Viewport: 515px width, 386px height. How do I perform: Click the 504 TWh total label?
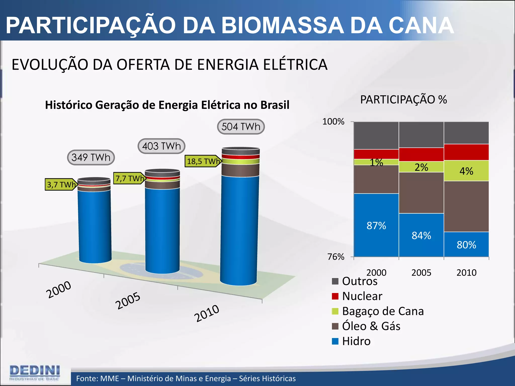click(x=241, y=127)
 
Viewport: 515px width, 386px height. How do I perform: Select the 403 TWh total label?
click(x=161, y=146)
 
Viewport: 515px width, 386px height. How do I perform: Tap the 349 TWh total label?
click(x=91, y=158)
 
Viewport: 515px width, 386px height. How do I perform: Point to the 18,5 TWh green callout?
click(x=203, y=161)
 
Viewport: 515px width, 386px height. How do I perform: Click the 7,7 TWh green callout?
click(x=129, y=178)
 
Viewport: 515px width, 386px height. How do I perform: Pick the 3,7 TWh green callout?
click(x=61, y=185)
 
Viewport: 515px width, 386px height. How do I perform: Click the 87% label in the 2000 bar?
click(x=376, y=226)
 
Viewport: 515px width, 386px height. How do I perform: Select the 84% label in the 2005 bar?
click(x=421, y=236)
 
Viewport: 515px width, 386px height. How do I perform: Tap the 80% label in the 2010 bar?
click(x=466, y=245)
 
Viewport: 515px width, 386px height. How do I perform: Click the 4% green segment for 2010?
click(x=466, y=171)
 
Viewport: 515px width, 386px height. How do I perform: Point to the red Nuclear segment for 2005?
click(x=421, y=154)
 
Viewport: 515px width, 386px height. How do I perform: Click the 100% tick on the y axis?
click(x=333, y=122)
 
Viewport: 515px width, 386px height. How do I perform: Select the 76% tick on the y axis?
click(x=336, y=257)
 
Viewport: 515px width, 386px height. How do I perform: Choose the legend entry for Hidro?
click(x=356, y=341)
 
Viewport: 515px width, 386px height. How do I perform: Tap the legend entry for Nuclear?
click(x=362, y=296)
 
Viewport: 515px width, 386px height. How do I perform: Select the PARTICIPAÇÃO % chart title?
click(x=403, y=100)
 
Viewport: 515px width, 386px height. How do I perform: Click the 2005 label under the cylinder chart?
click(x=128, y=301)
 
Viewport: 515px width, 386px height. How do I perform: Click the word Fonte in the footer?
click(x=87, y=378)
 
